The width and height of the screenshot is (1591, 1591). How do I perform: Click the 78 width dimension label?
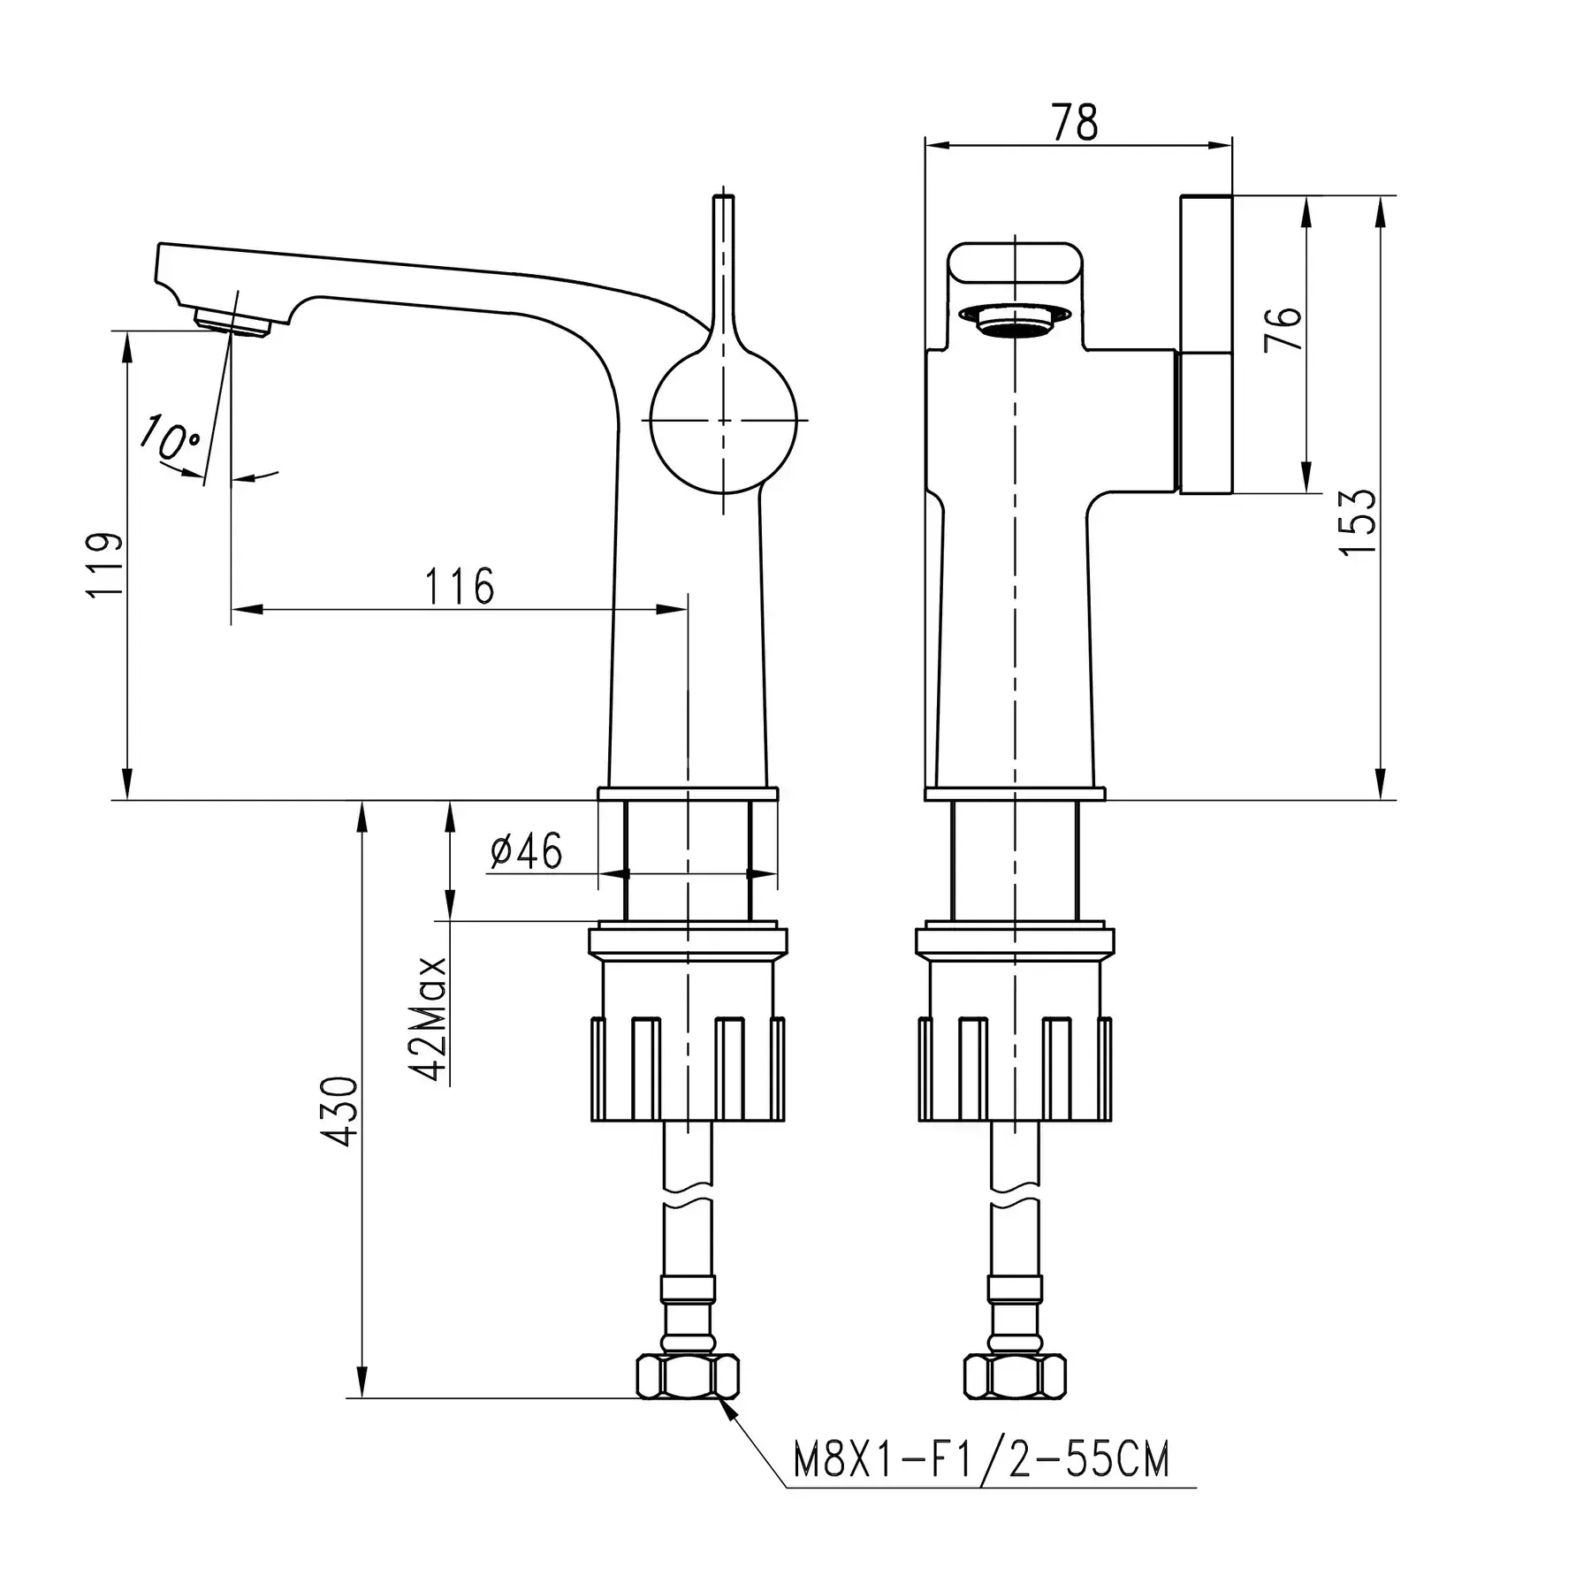pos(1076,122)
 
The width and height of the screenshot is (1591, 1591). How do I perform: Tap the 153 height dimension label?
pos(1358,521)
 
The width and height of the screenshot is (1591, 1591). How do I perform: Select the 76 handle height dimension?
pos(1283,328)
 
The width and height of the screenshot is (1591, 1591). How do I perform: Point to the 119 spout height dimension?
pos(104,565)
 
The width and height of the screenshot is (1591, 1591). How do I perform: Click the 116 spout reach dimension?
pos(460,586)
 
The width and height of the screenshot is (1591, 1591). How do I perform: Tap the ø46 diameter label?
pos(526,851)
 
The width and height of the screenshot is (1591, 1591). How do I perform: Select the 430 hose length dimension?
pos(341,1112)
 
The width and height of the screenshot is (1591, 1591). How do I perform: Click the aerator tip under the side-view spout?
pos(232,322)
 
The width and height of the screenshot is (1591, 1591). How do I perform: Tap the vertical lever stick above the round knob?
pos(723,265)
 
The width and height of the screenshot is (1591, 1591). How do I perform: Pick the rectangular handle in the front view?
pos(1207,344)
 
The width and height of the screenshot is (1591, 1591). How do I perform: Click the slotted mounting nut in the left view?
pos(688,1068)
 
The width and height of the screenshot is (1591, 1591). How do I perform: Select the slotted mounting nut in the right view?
pos(1015,1068)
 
